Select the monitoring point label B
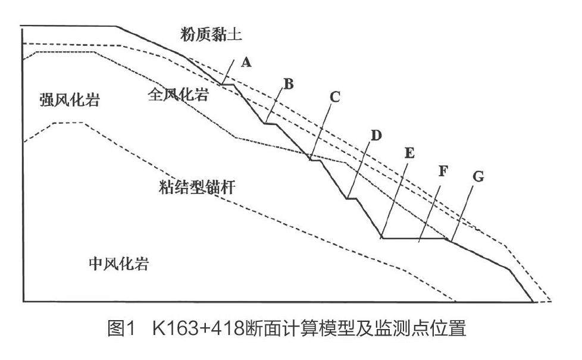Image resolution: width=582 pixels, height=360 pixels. click(x=288, y=84)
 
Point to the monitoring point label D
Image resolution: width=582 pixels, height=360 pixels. click(x=376, y=136)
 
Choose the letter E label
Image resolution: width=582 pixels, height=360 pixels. click(x=409, y=153)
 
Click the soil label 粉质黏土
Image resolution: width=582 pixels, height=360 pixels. click(x=211, y=35)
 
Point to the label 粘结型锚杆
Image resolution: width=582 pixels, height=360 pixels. click(x=195, y=190)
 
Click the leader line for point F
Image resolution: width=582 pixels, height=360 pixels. click(x=430, y=211)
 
